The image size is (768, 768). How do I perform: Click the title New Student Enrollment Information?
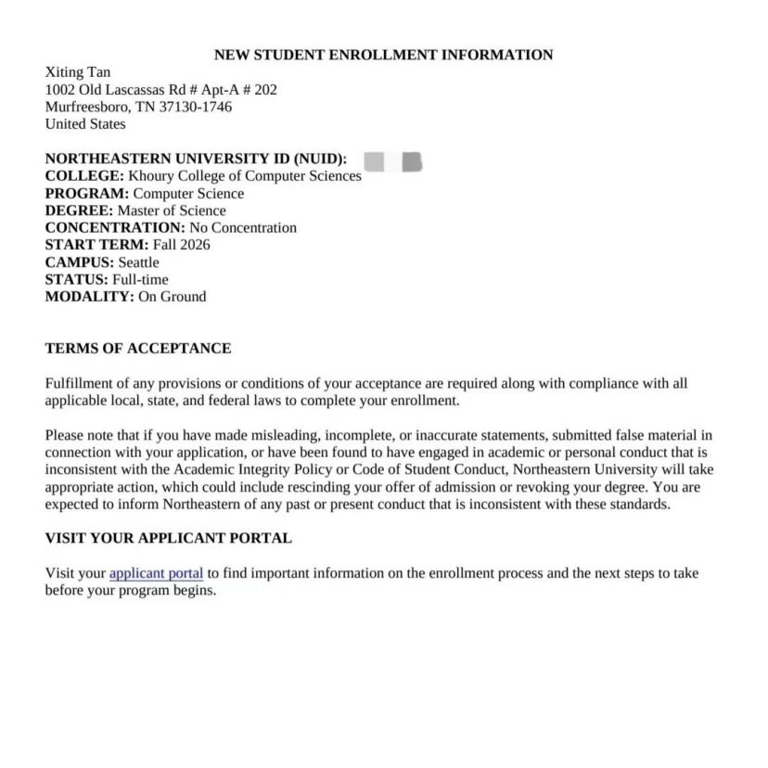(383, 55)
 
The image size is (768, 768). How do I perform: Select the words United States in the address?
(85, 123)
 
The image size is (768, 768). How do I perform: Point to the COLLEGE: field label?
(84, 176)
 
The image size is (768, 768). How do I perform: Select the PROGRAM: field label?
(87, 194)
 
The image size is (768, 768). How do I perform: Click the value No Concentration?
(243, 228)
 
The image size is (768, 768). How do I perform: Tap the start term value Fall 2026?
(181, 245)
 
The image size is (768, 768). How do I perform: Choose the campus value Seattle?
(138, 262)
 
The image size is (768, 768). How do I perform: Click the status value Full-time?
(140, 279)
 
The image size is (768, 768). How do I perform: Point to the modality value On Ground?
(172, 297)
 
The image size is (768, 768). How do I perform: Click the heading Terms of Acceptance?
(138, 349)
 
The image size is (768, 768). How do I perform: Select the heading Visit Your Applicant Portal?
(168, 538)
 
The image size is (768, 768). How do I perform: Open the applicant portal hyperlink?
(156, 573)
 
